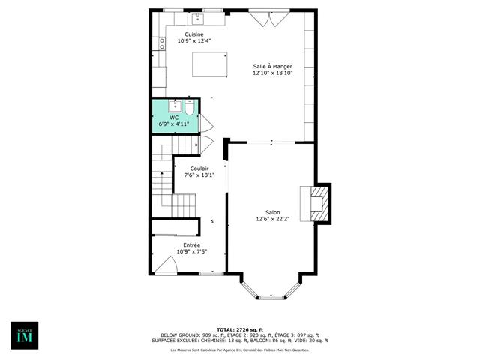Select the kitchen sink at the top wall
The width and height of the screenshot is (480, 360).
click(x=198, y=18)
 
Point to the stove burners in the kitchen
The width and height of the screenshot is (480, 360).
click(x=161, y=43)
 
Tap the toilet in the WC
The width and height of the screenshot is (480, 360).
click(x=190, y=109)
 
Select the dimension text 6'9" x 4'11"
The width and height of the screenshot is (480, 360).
click(x=174, y=124)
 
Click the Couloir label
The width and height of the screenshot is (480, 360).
click(x=199, y=169)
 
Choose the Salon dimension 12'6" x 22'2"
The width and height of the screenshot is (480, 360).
click(x=272, y=219)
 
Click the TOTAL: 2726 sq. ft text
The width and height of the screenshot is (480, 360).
click(x=240, y=329)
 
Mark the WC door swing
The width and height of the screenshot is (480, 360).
click(x=205, y=123)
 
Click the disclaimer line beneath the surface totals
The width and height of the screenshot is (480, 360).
click(x=240, y=350)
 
